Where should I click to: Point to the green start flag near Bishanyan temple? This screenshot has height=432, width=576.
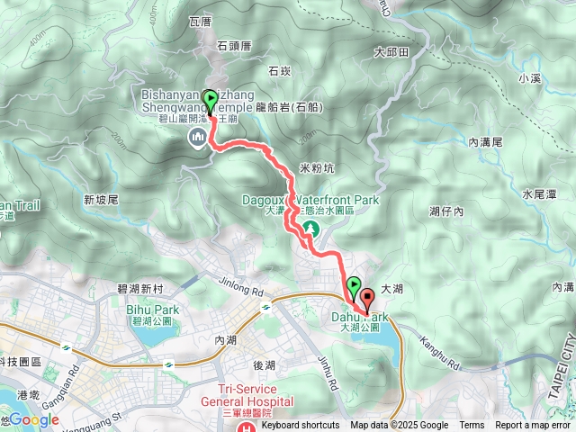(x=211, y=100)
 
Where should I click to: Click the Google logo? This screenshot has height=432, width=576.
(x=33, y=419)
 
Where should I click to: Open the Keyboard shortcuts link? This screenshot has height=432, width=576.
(x=301, y=426)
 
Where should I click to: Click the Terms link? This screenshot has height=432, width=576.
(x=472, y=426)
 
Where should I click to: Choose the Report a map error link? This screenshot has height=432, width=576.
(x=534, y=426)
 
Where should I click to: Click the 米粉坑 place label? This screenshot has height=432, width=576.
(x=316, y=168)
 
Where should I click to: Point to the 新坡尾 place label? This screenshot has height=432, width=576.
(x=100, y=200)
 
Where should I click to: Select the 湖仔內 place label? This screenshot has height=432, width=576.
(x=445, y=211)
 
